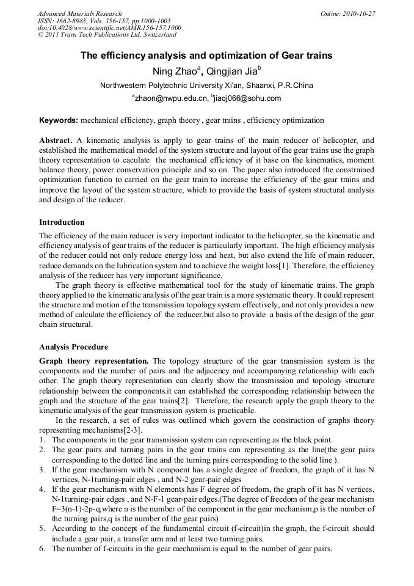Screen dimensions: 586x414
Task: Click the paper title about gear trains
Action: [206, 56]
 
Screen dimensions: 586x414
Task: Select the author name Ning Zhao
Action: [176, 71]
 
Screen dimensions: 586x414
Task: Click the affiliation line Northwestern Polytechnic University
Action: [206, 85]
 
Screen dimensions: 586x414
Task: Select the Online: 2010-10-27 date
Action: [348, 13]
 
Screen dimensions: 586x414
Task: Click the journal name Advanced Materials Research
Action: [79, 13]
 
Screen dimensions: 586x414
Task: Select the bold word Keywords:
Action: [59, 120]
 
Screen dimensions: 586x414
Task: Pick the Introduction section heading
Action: [62, 222]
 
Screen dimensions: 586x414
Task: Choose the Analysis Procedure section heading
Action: [73, 346]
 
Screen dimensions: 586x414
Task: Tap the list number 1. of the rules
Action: [42, 439]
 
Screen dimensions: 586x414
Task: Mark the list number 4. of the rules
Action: [42, 490]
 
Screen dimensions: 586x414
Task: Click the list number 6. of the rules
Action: [42, 549]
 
